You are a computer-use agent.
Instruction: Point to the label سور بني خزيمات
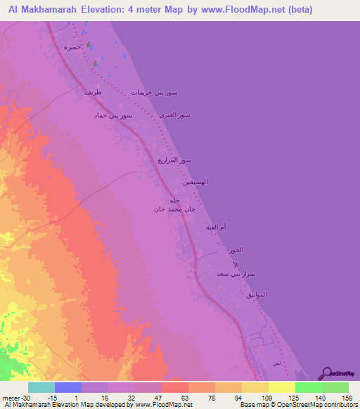[155, 93]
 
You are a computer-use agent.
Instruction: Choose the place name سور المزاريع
[175, 161]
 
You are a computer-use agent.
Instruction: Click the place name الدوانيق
[255, 294]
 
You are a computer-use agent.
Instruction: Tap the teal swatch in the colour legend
[41, 387]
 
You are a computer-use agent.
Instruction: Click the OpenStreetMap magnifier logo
[326, 374]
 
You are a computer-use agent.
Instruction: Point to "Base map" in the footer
[251, 405]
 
